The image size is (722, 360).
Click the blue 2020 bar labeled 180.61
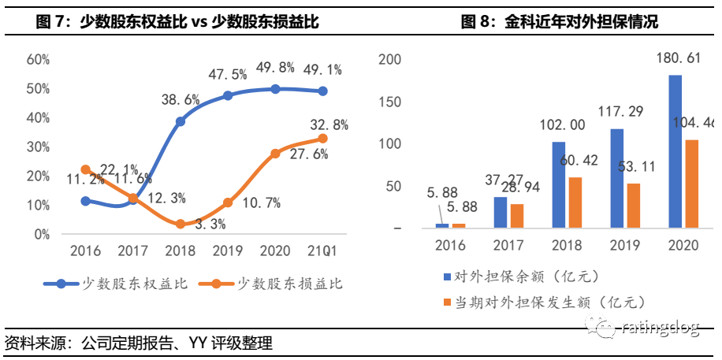click(675, 152)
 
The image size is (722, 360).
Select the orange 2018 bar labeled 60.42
click(575, 202)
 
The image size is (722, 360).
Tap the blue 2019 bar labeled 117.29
click(616, 179)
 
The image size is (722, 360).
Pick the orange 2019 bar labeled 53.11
click(633, 206)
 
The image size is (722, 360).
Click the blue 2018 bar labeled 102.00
click(558, 185)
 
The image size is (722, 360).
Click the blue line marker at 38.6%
click(180, 121)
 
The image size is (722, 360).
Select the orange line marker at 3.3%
click(180, 224)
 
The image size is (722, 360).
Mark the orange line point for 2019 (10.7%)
click(228, 202)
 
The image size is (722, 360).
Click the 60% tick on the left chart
click(39, 59)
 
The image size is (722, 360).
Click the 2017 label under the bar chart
click(508, 245)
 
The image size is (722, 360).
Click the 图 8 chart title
click(560, 22)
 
